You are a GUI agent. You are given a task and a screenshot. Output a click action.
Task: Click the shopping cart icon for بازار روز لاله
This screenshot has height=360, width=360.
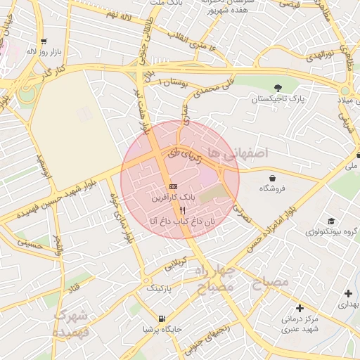pyautogui.click(x=44, y=41)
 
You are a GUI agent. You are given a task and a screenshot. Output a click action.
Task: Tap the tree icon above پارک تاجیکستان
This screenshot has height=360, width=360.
pyautogui.click(x=278, y=88)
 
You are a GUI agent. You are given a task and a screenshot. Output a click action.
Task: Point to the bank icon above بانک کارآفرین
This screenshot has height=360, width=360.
pyautogui.click(x=173, y=186)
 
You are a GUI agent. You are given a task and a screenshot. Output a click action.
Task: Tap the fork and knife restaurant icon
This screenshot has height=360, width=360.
pyautogui.click(x=182, y=210)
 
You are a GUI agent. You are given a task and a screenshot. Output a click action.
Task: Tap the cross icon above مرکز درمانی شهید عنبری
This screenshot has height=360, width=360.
pyautogui.click(x=300, y=308)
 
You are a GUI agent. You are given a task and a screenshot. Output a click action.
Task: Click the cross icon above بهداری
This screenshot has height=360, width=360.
pyautogui.click(x=348, y=292)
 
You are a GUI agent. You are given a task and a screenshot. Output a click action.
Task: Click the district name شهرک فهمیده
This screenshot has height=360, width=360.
pyautogui.click(x=72, y=323)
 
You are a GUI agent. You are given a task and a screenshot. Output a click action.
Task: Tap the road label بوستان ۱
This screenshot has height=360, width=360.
pyautogui.click(x=170, y=83)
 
